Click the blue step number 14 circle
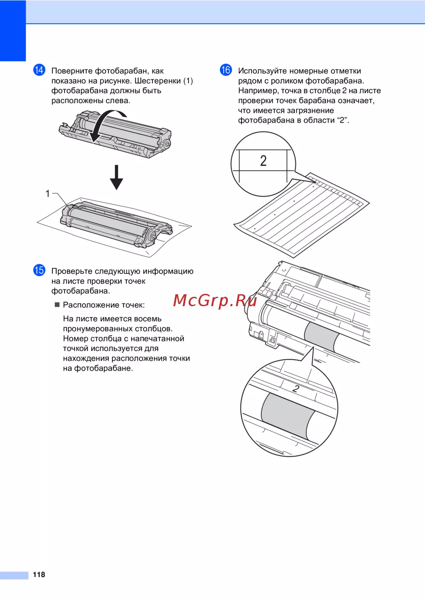[x=39, y=70]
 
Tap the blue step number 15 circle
[x=39, y=270]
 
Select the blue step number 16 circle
[x=226, y=70]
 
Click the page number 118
[x=39, y=574]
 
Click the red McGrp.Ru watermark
[x=215, y=301]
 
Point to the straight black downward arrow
[x=116, y=177]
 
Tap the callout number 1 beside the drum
[x=48, y=193]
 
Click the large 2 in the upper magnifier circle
[x=263, y=161]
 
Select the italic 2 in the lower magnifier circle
[x=296, y=389]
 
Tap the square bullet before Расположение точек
[x=57, y=305]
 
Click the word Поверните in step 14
[x=72, y=71]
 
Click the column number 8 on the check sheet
[x=358, y=204]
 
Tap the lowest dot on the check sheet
[x=255, y=229]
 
